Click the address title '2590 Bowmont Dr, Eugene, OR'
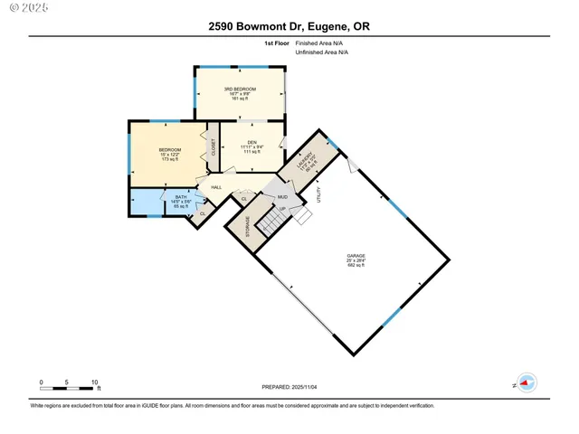tap(289, 26)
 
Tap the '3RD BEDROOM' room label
tap(240, 89)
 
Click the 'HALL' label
tap(216, 187)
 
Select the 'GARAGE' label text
tap(356, 256)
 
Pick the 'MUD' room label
tap(281, 196)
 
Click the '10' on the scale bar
tap(94, 382)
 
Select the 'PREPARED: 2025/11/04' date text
tap(289, 387)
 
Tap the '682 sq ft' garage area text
tap(356, 266)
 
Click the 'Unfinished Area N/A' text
tap(322, 52)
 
